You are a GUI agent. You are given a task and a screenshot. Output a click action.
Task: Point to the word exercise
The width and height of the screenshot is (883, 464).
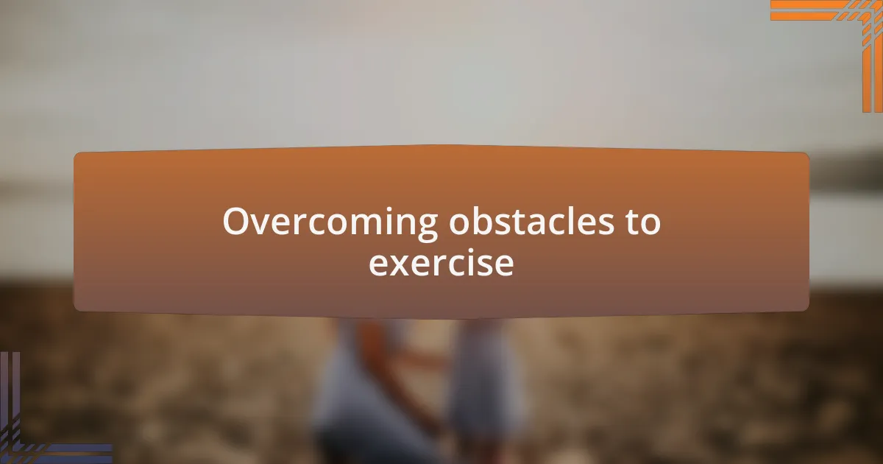click(x=441, y=264)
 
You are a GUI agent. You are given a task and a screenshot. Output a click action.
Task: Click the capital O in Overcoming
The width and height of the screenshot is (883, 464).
click(x=236, y=222)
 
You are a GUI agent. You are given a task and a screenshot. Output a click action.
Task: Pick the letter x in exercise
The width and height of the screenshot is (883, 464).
click(x=400, y=264)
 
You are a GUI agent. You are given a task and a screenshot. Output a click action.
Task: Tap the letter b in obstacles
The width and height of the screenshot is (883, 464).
click(x=474, y=220)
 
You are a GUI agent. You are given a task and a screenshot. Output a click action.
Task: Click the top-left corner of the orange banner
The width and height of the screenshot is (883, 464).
click(x=77, y=155)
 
